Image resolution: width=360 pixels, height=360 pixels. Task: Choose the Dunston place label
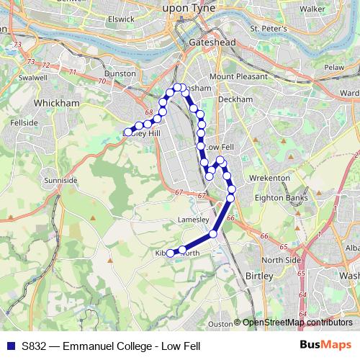(x=120, y=73)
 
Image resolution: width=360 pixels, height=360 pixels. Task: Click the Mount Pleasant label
(x=238, y=76)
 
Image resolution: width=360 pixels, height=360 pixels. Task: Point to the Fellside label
(x=24, y=123)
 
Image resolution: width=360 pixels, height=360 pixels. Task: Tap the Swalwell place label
(x=33, y=77)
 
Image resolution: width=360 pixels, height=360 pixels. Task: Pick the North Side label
(x=281, y=259)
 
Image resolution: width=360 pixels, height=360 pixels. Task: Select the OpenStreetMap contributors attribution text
(x=297, y=323)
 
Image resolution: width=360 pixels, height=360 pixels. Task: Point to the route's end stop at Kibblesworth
(x=171, y=253)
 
